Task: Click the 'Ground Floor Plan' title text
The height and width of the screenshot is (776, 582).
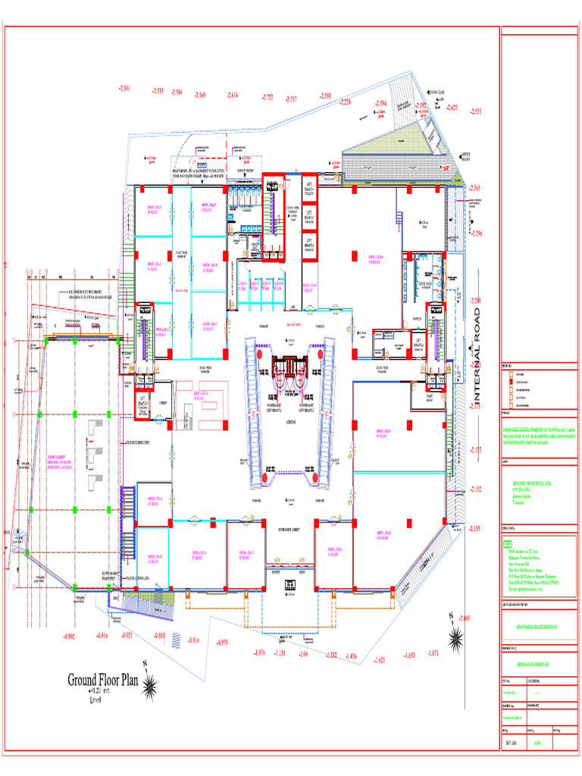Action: (104, 680)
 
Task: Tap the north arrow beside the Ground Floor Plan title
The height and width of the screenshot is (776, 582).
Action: (151, 686)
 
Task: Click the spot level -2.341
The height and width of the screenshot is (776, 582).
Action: (125, 88)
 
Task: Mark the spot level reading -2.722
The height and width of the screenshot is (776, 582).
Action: (268, 97)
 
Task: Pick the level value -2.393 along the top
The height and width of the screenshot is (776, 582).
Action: (325, 95)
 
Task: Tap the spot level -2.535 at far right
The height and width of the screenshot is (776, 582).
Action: (476, 111)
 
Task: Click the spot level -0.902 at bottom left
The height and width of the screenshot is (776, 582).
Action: (73, 634)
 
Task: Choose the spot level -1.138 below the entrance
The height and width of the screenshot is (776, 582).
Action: (280, 652)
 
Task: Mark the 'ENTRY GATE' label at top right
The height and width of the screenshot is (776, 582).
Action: (436, 90)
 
